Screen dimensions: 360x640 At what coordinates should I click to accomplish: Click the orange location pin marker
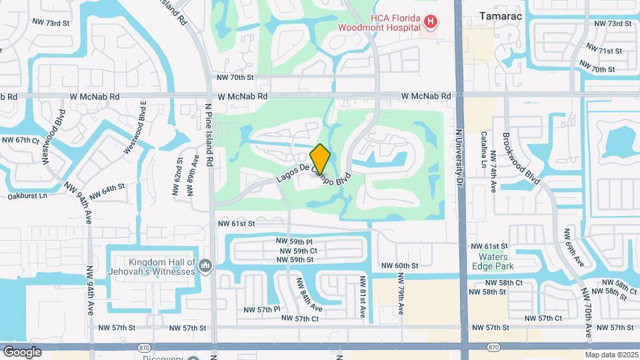coord(321,159)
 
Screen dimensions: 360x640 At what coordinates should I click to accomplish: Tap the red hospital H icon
coord(431,23)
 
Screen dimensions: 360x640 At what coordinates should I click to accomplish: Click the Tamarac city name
coord(500,14)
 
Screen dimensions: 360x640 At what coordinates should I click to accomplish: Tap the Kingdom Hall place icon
coord(205,267)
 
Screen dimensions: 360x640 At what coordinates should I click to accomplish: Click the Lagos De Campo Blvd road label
coord(313,172)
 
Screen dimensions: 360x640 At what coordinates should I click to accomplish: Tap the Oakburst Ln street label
coord(27,196)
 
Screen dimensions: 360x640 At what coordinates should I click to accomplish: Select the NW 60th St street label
coord(399,265)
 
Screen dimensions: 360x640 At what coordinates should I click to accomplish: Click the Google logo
coord(22,351)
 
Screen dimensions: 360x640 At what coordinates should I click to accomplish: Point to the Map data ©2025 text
coord(611,355)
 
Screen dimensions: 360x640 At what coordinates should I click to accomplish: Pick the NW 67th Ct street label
coord(22,140)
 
